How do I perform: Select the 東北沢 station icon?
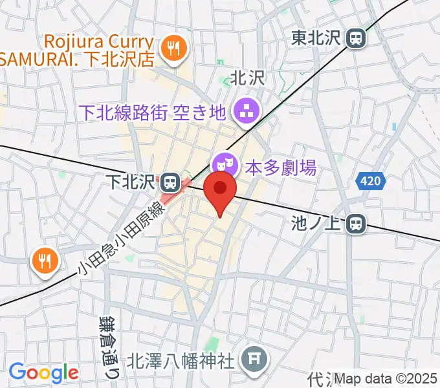[x=355, y=38]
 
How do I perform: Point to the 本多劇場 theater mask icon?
[x=224, y=166]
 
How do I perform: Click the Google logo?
[x=43, y=372]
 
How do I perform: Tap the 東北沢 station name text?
[x=316, y=38]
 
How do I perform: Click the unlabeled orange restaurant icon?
[x=44, y=261]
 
